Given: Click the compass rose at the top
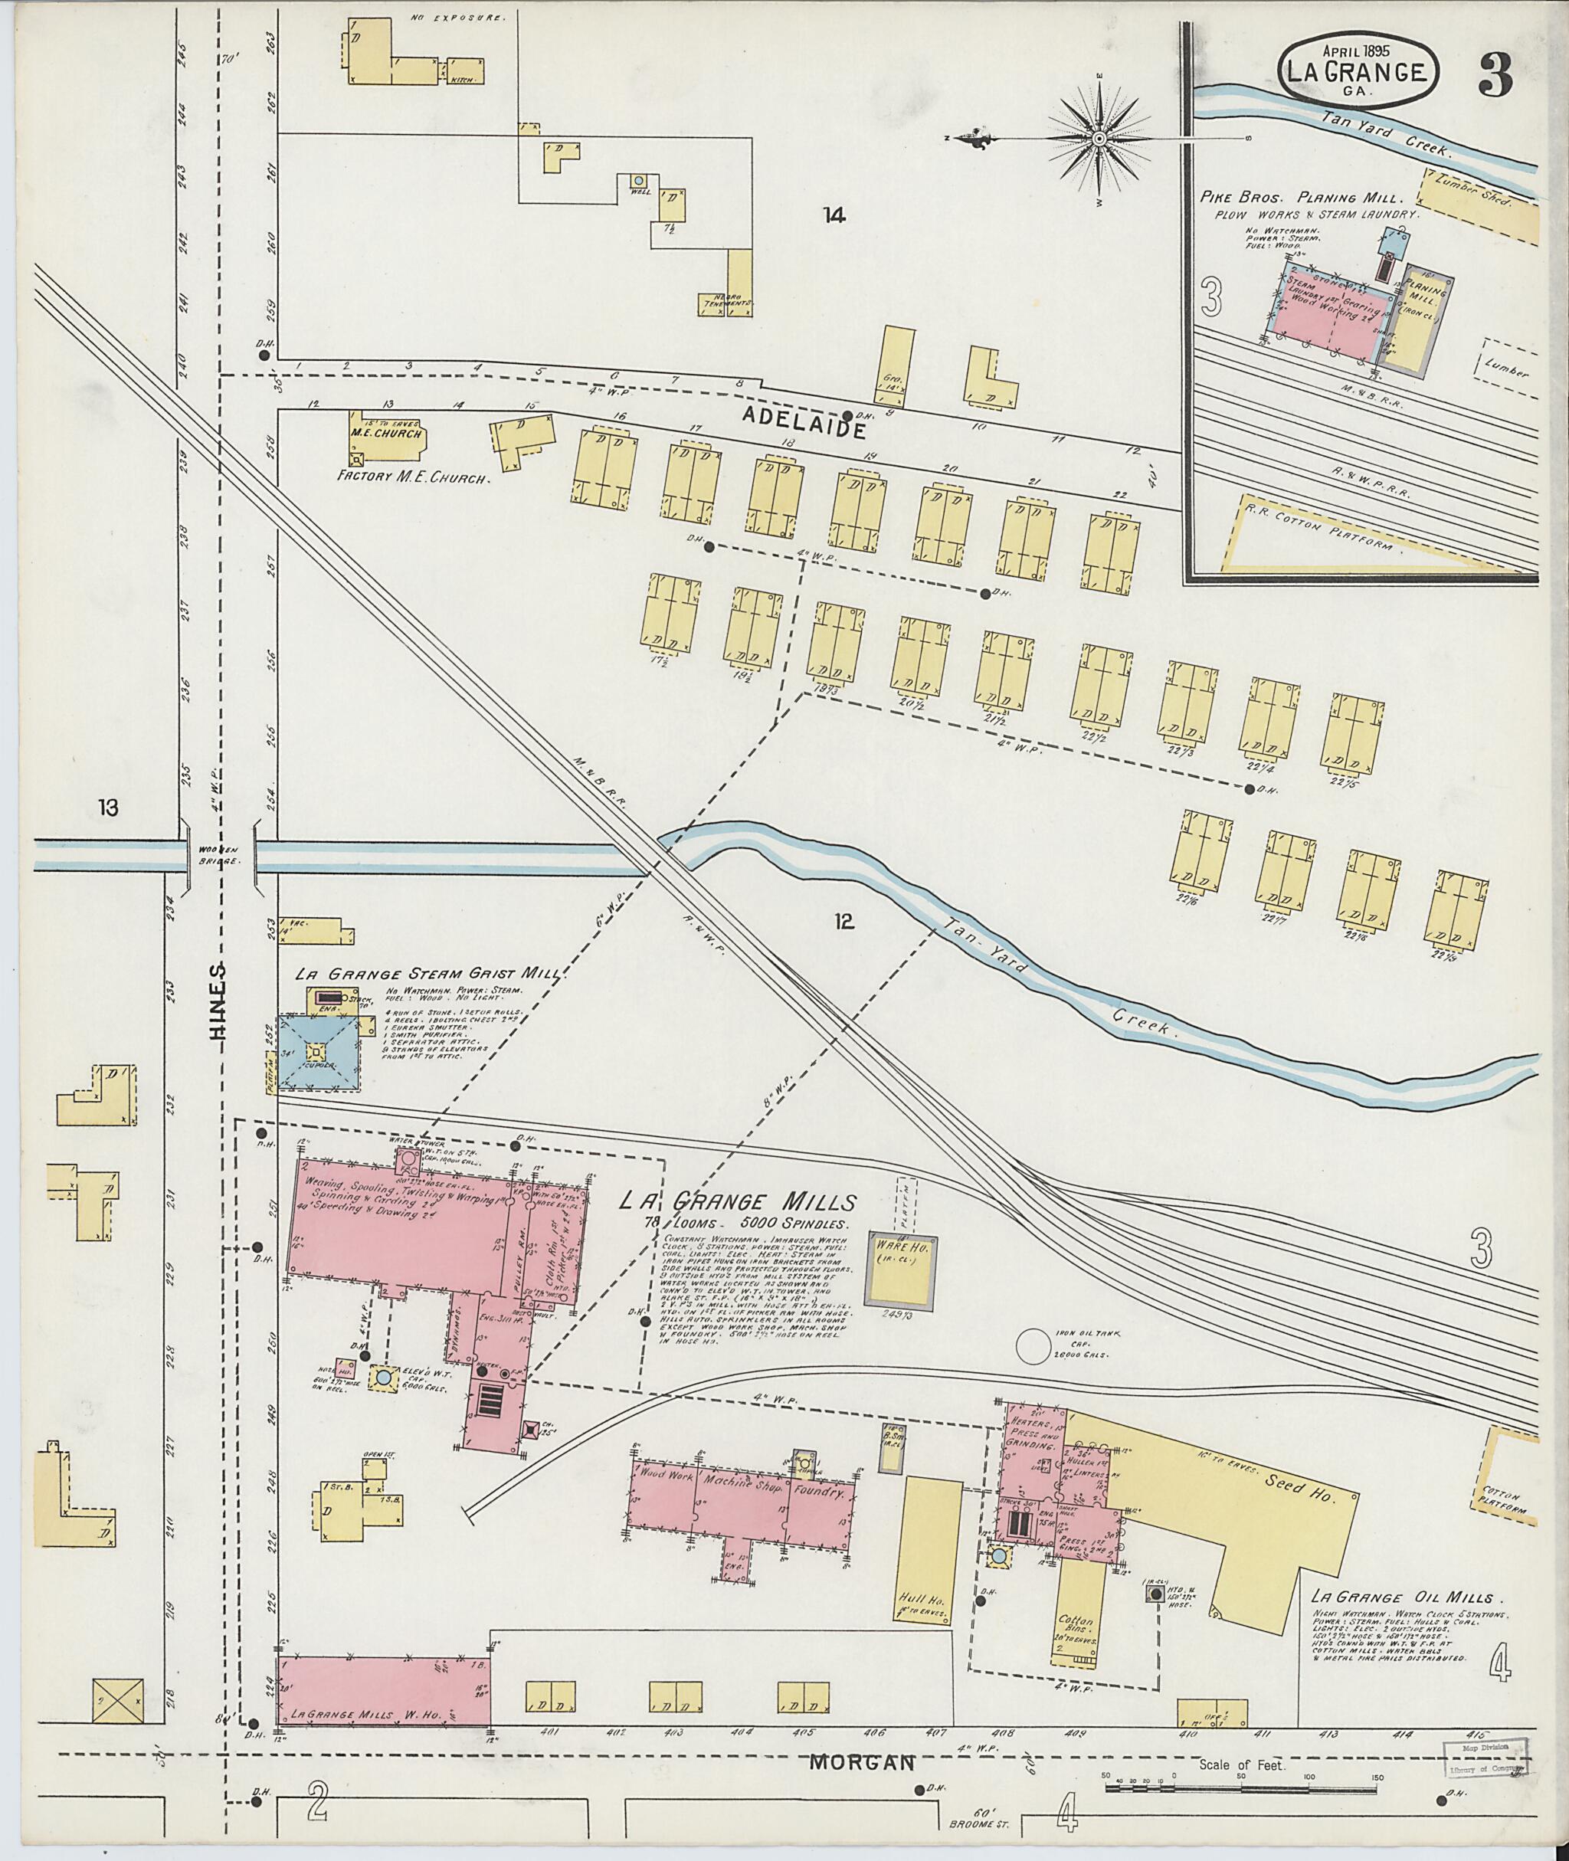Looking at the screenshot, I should click(1099, 139).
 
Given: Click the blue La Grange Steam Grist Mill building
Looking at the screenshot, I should click(319, 1054).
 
